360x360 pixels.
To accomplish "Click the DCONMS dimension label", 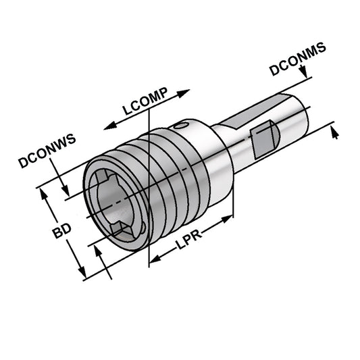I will [298, 59].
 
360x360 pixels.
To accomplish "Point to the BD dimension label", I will [63, 232].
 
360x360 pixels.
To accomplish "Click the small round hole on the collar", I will [179, 126].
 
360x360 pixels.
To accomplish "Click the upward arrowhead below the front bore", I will [99, 251].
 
